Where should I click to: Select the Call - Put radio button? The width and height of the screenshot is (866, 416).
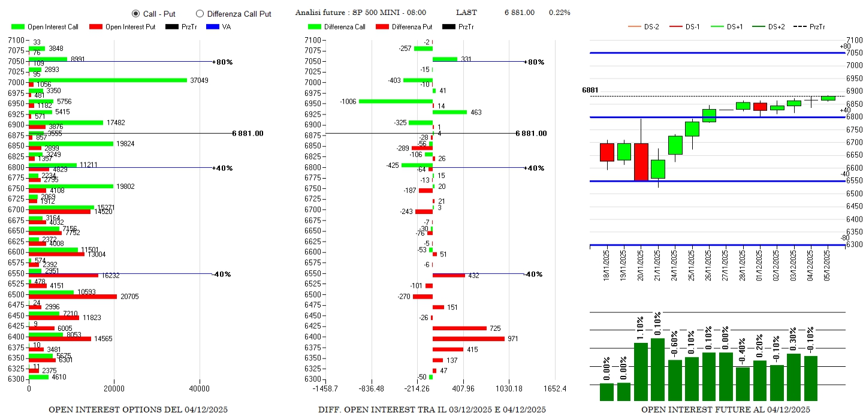(x=135, y=13)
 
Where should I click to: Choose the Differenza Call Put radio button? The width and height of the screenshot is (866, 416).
(x=200, y=13)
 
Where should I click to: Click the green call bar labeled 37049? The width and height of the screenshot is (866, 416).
(x=108, y=80)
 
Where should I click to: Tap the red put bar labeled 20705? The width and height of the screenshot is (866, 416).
(x=73, y=297)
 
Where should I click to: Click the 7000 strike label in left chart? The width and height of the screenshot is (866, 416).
(x=16, y=82)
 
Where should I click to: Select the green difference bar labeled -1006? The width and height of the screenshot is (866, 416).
(x=396, y=101)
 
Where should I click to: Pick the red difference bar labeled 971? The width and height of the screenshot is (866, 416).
(x=469, y=339)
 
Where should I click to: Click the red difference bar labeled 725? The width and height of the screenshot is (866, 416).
(x=460, y=328)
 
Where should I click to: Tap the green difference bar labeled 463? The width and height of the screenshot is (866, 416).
(x=449, y=112)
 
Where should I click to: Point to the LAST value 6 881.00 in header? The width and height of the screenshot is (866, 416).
(x=519, y=13)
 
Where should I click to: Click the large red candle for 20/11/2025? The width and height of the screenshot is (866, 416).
(x=641, y=161)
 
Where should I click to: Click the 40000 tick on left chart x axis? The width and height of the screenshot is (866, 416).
(x=200, y=388)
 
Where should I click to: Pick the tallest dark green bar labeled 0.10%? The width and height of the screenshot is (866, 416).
(x=657, y=369)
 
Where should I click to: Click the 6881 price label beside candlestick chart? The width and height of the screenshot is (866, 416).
(x=590, y=90)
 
